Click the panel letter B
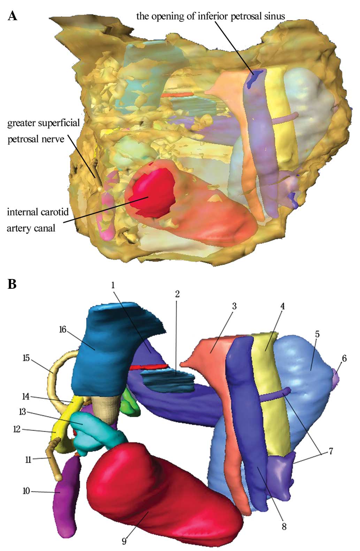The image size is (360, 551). point(12,284)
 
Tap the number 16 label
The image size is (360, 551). point(63,329)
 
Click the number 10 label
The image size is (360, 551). point(26,491)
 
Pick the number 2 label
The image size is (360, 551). point(177,294)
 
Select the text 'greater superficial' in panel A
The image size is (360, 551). point(44,123)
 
